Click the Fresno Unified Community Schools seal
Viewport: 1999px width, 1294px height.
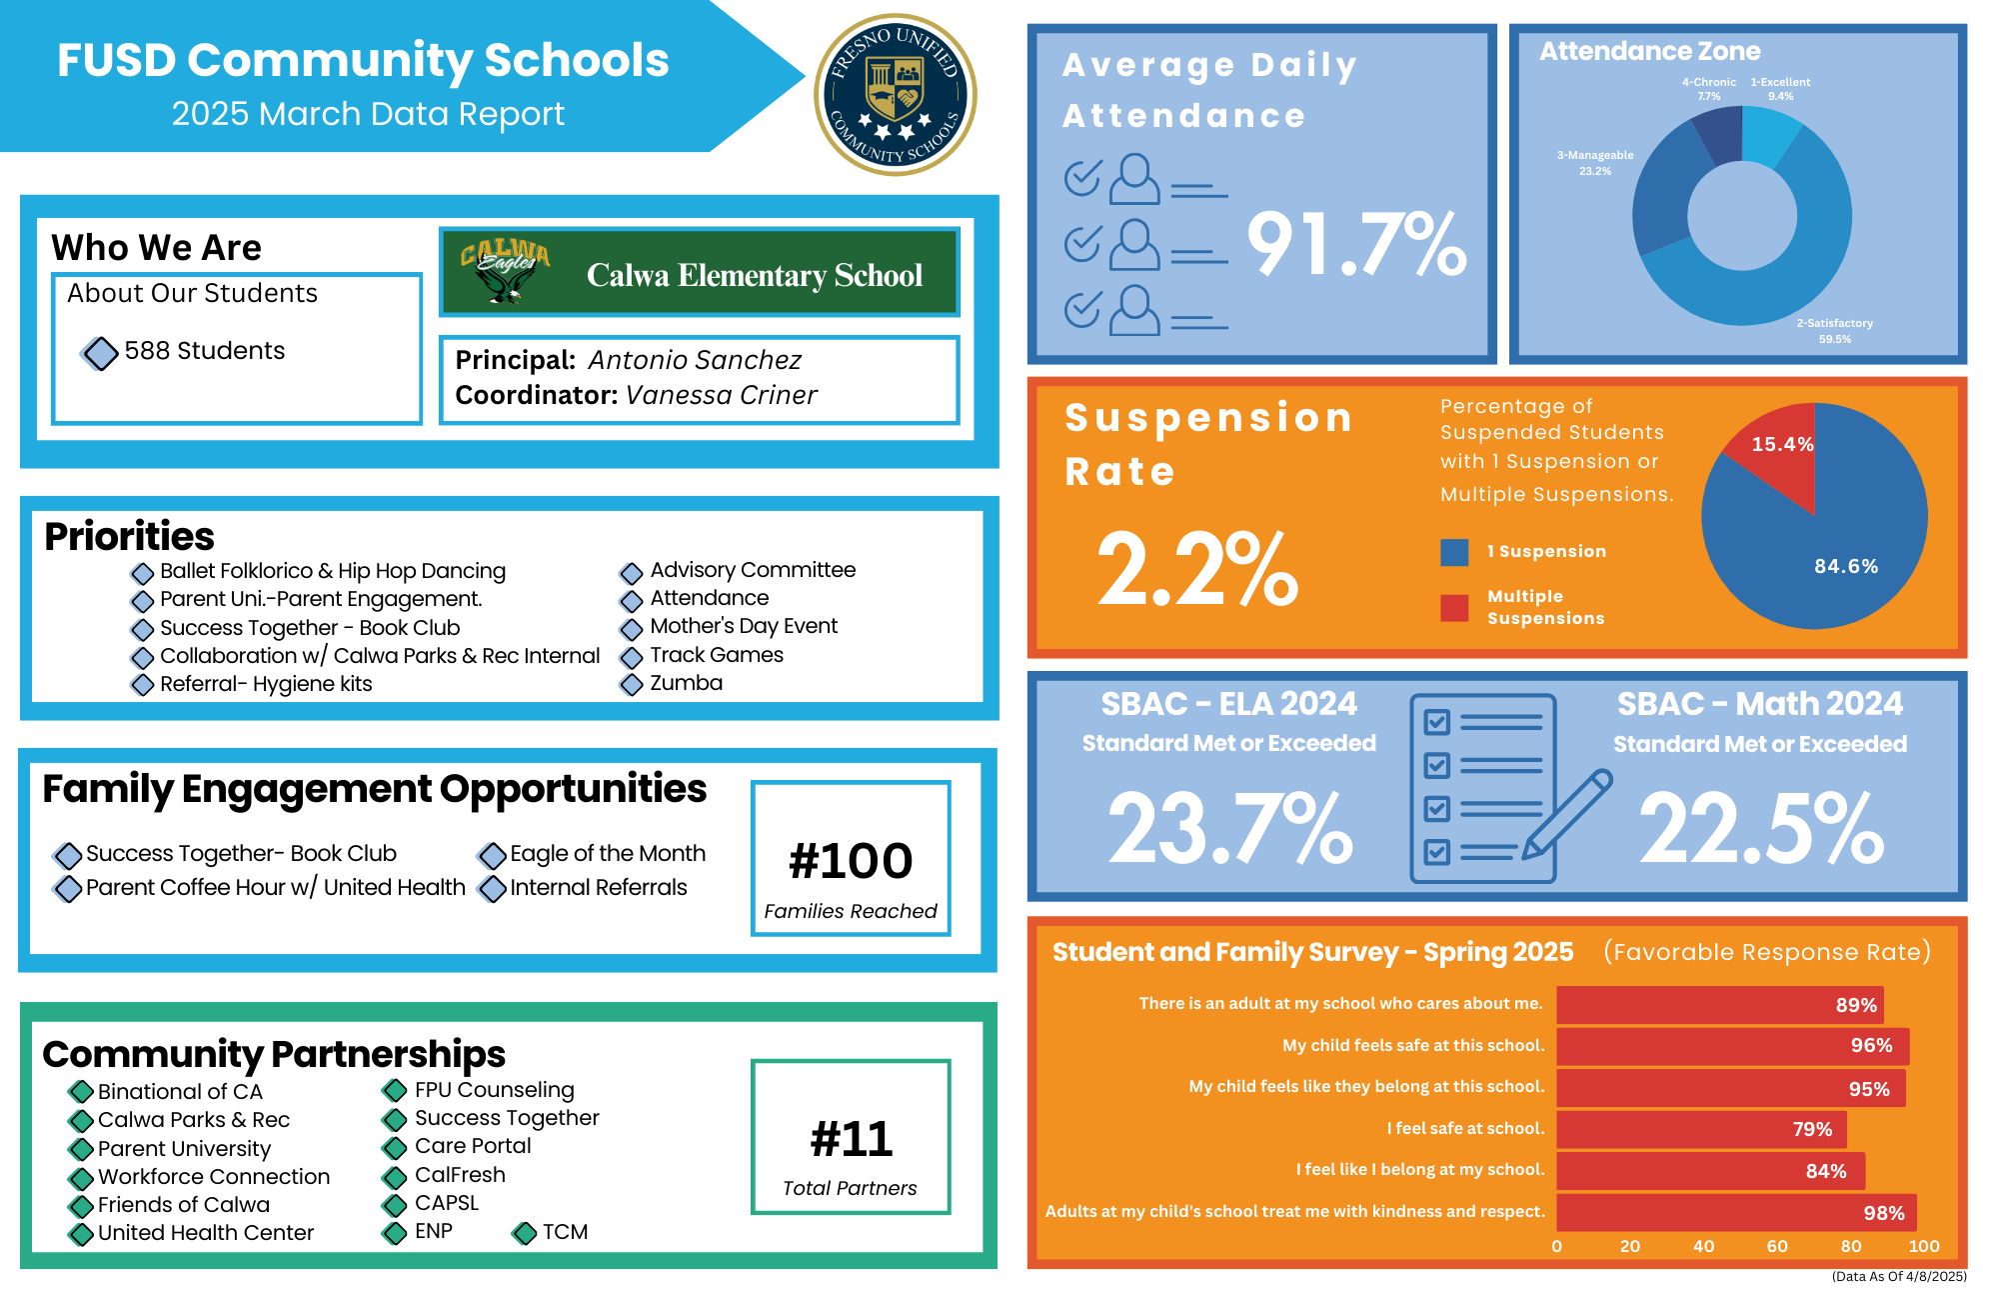pyautogui.click(x=896, y=95)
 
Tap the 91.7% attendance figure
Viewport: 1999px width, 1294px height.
pyautogui.click(x=1356, y=244)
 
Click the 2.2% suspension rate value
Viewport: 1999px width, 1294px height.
pyautogui.click(x=1196, y=569)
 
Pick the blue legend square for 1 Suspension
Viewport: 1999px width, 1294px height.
pyautogui.click(x=1454, y=552)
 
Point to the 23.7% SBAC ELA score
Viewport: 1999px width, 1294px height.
pyautogui.click(x=1229, y=828)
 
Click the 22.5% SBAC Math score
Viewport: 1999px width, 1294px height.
pyautogui.click(x=1761, y=828)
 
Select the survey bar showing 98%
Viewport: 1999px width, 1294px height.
pyautogui.click(x=1736, y=1212)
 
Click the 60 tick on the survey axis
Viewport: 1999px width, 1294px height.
pyautogui.click(x=1777, y=1246)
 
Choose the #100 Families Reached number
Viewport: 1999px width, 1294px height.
pyautogui.click(x=851, y=861)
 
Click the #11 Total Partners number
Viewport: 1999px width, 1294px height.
pyautogui.click(x=851, y=1139)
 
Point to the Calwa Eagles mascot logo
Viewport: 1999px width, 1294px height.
pyautogui.click(x=506, y=271)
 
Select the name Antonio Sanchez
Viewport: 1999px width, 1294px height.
pyautogui.click(x=695, y=360)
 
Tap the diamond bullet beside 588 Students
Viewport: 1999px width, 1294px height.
pyautogui.click(x=100, y=352)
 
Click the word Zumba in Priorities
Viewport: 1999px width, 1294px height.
pyautogui.click(x=686, y=683)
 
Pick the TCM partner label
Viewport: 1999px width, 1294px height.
pyautogui.click(x=565, y=1232)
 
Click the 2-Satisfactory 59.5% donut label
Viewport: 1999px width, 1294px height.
pyautogui.click(x=1834, y=331)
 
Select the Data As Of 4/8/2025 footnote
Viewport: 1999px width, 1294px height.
pyautogui.click(x=1898, y=1276)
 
